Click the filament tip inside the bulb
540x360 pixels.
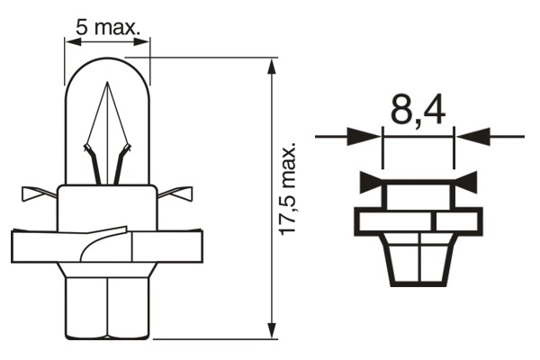tap(105, 85)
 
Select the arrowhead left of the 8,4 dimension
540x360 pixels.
tap(371, 137)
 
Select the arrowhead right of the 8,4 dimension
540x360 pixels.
tap(467, 137)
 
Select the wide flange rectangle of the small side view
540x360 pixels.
tap(419, 220)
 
